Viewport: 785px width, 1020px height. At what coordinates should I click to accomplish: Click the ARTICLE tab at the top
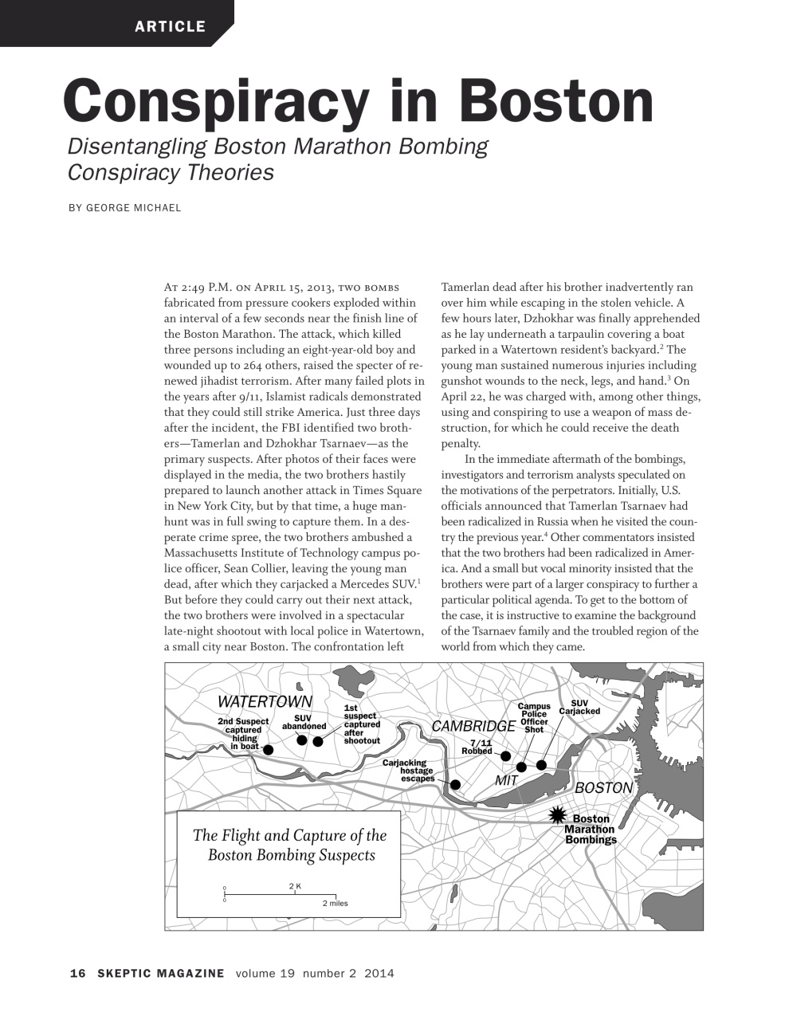[x=170, y=26]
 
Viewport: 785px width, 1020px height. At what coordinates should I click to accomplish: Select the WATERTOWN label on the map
[x=265, y=702]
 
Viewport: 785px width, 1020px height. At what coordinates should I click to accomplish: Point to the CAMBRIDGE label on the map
[x=473, y=727]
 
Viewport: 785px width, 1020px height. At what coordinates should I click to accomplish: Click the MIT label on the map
[x=507, y=781]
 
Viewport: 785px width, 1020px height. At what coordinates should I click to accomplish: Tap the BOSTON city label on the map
[x=603, y=788]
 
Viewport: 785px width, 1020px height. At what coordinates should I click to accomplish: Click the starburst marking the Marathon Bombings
[x=559, y=814]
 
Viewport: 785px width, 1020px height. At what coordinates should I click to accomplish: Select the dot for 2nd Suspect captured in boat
[x=269, y=750]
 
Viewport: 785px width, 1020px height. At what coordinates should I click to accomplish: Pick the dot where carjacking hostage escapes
[x=455, y=784]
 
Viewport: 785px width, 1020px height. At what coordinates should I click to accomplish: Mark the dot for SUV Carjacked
[x=541, y=765]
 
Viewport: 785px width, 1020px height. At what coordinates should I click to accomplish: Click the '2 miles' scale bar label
[x=335, y=904]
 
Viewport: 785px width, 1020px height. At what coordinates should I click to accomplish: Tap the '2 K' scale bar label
[x=295, y=886]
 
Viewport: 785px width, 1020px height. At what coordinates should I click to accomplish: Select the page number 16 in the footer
[x=77, y=973]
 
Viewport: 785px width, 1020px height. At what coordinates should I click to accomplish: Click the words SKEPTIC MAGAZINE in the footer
[x=161, y=973]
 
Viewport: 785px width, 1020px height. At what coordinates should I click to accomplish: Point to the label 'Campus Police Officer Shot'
[x=533, y=718]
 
